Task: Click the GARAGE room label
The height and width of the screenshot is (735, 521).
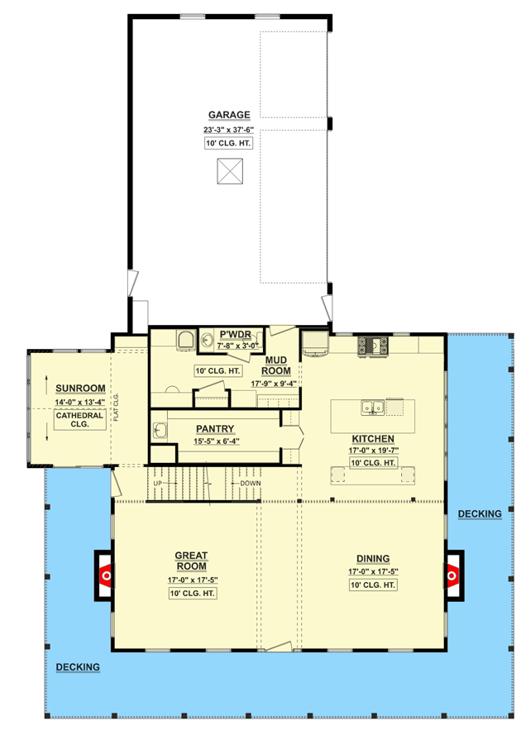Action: (229, 115)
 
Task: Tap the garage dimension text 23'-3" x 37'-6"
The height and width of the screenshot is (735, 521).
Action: (229, 129)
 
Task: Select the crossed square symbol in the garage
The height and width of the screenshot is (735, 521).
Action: (229, 171)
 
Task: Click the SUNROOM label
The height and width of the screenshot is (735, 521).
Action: (80, 389)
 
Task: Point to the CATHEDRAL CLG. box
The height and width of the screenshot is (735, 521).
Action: (79, 420)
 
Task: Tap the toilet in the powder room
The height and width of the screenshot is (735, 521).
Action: (184, 339)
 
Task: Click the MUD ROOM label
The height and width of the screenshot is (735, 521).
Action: (275, 366)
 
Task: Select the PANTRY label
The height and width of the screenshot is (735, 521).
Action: (215, 429)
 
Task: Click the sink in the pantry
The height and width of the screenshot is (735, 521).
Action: (160, 429)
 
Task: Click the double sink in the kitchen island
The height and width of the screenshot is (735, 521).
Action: (372, 407)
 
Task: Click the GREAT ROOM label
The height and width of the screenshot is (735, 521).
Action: (191, 561)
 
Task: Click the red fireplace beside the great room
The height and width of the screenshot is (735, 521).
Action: (105, 573)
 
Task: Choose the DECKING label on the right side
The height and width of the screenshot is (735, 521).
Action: (479, 514)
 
